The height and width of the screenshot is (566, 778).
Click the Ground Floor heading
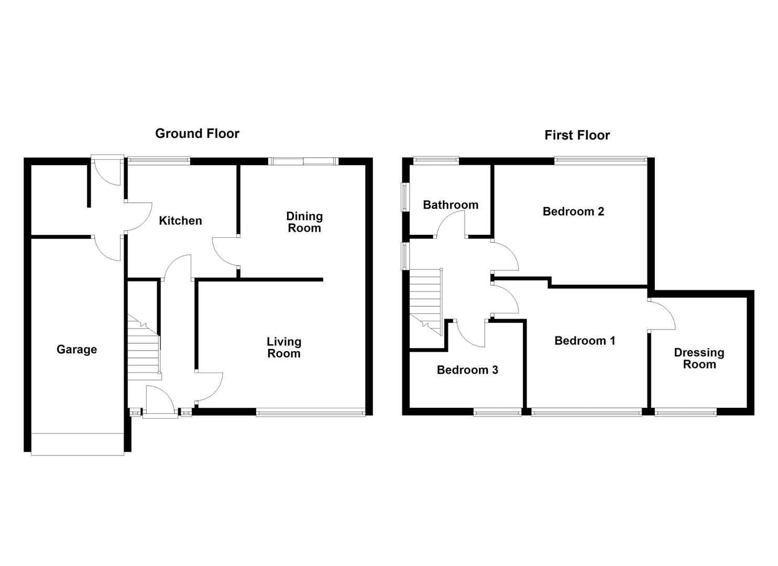pyautogui.click(x=197, y=134)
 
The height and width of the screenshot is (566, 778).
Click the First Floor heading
pyautogui.click(x=577, y=135)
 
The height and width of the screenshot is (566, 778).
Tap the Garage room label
pyautogui.click(x=76, y=350)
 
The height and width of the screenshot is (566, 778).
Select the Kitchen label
pyautogui.click(x=180, y=221)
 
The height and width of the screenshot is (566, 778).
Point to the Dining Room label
pyautogui.click(x=304, y=222)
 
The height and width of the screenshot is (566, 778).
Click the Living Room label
pyautogui.click(x=283, y=347)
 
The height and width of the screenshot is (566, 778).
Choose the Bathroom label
pyautogui.click(x=451, y=205)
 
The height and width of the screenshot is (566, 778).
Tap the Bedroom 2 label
pyautogui.click(x=573, y=212)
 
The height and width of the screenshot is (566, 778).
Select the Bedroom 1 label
pyautogui.click(x=585, y=341)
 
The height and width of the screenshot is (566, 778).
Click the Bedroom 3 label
pyautogui.click(x=467, y=370)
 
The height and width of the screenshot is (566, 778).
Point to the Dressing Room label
pyautogui.click(x=699, y=358)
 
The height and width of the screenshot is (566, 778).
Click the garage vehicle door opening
pyautogui.click(x=78, y=444)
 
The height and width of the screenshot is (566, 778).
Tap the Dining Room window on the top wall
pyautogui.click(x=303, y=161)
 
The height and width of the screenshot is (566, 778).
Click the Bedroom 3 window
pyautogui.click(x=497, y=413)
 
